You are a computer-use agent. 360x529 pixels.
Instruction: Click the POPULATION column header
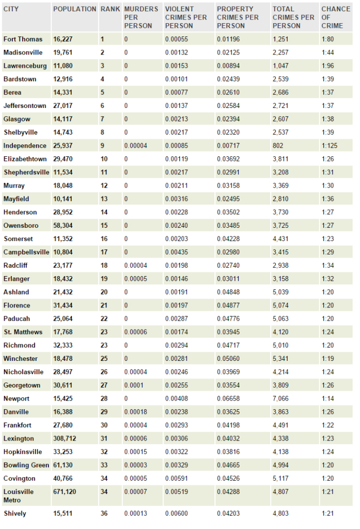(x=75, y=9)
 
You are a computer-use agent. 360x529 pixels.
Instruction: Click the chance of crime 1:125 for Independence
(x=329, y=145)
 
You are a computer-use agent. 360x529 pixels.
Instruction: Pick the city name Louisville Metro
(x=19, y=496)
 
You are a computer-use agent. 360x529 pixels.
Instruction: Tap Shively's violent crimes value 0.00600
(x=176, y=513)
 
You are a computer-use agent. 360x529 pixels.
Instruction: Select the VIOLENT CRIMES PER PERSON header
(x=186, y=17)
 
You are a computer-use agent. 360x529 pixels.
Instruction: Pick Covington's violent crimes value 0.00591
(x=176, y=479)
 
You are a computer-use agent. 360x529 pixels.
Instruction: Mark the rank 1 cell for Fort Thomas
(x=102, y=39)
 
